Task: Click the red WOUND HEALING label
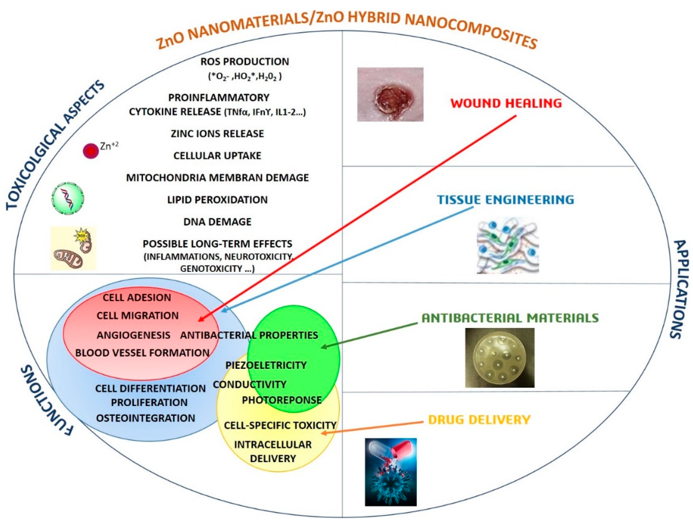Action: pyautogui.click(x=506, y=103)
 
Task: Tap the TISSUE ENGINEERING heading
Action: pyautogui.click(x=505, y=199)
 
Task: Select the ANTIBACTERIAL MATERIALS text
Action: pyautogui.click(x=510, y=318)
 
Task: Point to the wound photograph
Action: pyautogui.click(x=390, y=94)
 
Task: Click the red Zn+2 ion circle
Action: pyautogui.click(x=91, y=151)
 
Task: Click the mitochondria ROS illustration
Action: pyautogui.click(x=73, y=248)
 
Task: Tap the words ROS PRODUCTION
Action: pyautogui.click(x=245, y=61)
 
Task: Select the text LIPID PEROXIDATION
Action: pyautogui.click(x=217, y=200)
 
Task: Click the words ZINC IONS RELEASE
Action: pyautogui.click(x=217, y=134)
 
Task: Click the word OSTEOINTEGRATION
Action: pyautogui.click(x=145, y=418)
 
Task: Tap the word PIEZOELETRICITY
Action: pyautogui.click(x=266, y=365)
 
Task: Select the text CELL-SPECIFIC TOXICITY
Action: pyautogui.click(x=280, y=425)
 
